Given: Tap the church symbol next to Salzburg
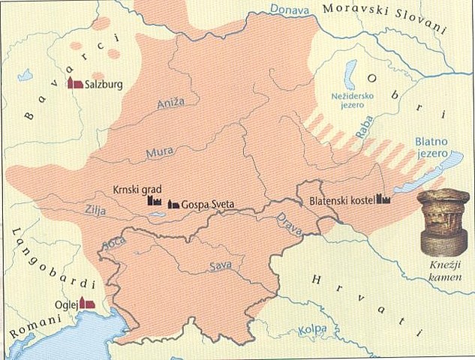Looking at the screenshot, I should point(75,83).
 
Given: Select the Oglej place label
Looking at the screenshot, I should point(65,305).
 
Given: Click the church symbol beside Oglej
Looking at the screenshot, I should point(87,304).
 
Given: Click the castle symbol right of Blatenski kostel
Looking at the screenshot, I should point(384,199).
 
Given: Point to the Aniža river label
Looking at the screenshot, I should point(170,106).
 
